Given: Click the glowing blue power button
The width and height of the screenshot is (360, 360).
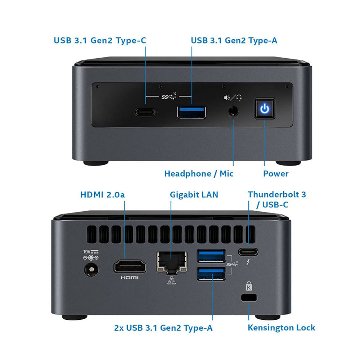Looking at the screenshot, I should coord(265,109).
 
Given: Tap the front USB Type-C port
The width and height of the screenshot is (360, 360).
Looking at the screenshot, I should coord(145,111).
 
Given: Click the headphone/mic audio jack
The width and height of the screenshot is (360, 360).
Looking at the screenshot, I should coord(234,111).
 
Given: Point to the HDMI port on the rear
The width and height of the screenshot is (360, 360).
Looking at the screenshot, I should coord(130,267).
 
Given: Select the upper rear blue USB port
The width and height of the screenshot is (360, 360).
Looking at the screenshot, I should coord(211,256).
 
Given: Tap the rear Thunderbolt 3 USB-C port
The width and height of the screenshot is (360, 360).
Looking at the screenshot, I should coord(248,252).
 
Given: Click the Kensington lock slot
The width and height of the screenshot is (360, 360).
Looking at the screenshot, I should coord(248,297).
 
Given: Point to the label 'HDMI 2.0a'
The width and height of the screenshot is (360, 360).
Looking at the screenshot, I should coord(103,195).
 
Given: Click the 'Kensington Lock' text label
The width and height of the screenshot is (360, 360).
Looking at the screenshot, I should coord(281,328).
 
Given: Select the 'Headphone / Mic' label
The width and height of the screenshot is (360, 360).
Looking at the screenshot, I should coord(199,174).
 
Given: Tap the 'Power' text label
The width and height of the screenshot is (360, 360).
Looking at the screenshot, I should coord(275,174).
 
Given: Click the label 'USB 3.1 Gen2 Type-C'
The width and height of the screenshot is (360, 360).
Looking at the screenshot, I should coord(100,40).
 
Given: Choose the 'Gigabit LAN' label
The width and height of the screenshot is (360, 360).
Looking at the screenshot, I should coord(194,195).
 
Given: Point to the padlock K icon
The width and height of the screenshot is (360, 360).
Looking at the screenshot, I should coord(249,286).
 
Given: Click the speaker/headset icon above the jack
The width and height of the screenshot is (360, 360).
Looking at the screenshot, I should coord(233,97).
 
